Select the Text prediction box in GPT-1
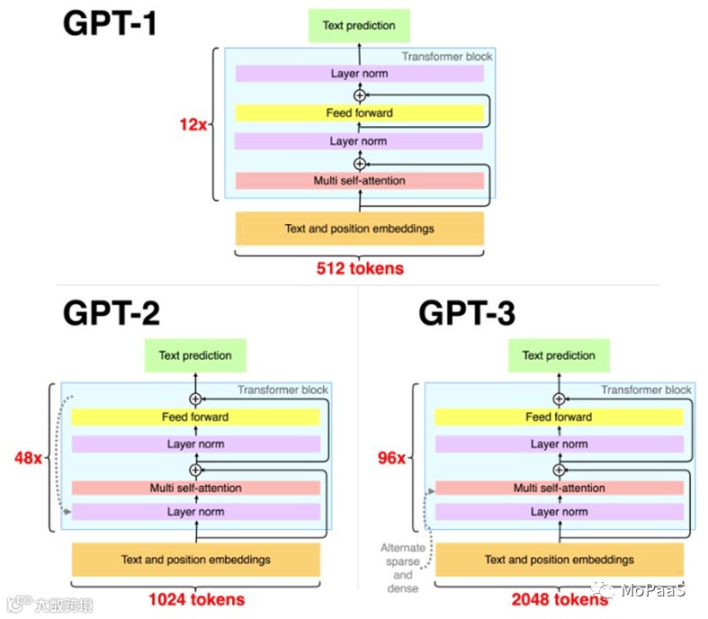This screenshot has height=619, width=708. [359, 25]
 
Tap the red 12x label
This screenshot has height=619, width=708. [193, 124]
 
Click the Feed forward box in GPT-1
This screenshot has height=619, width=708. [359, 113]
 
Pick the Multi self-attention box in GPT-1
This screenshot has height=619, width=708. [359, 181]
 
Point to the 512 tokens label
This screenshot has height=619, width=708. [360, 267]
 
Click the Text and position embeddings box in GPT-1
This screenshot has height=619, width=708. [359, 229]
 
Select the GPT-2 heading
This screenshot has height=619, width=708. [112, 312]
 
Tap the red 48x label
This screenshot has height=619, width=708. [28, 458]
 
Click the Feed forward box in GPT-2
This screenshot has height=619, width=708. [195, 417]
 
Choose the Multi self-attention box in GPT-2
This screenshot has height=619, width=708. [195, 488]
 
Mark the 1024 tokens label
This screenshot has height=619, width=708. [195, 598]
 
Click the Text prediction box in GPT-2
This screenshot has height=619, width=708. [195, 355]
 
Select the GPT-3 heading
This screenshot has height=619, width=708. [467, 312]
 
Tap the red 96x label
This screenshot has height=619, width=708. [391, 458]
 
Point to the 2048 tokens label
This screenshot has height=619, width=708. [559, 598]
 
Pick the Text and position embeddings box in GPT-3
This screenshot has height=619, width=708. [559, 560]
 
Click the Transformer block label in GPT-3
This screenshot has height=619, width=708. [646, 390]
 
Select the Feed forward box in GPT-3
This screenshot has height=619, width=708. [559, 417]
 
